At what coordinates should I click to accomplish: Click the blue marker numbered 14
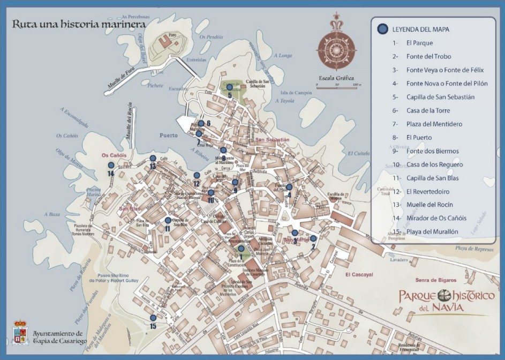pyautogui.click(x=111, y=166)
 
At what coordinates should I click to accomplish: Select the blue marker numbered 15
pyautogui.click(x=153, y=318)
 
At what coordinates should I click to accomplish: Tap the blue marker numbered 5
pyautogui.click(x=229, y=87)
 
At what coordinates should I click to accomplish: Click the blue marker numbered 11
pyautogui.click(x=168, y=220)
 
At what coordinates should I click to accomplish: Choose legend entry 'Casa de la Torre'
pyautogui.click(x=425, y=111)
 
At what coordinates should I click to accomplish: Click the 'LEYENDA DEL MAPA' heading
pyautogui.click(x=420, y=29)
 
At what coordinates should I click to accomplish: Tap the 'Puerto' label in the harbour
pyautogui.click(x=168, y=136)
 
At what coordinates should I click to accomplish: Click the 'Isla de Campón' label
pyautogui.click(x=296, y=93)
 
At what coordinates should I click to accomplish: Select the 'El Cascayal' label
pyautogui.click(x=359, y=274)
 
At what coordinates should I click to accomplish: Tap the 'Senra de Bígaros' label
pyautogui.click(x=435, y=280)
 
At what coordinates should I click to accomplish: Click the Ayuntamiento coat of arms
pyautogui.click(x=20, y=332)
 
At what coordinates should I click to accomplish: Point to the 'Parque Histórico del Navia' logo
pyautogui.click(x=446, y=301)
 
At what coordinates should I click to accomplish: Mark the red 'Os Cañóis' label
pyautogui.click(x=114, y=155)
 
